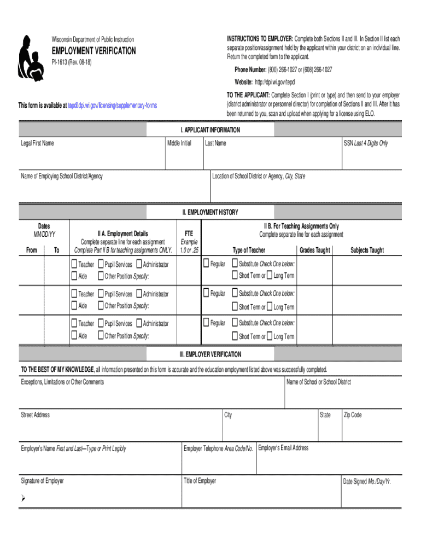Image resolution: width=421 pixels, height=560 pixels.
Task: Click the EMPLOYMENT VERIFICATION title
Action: coord(93,51)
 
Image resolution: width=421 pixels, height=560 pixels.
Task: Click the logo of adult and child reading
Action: coord(31,57)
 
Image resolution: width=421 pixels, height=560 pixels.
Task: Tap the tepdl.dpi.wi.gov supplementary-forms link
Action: coord(112,105)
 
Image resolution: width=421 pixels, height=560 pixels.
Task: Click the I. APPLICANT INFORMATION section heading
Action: coord(210,130)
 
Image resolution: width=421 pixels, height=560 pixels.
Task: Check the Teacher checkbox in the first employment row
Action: coord(74,264)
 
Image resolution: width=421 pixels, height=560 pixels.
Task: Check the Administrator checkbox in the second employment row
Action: coord(139,294)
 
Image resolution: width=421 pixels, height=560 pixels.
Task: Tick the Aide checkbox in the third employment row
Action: coord(74,336)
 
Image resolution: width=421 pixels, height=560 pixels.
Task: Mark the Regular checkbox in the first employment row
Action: coord(206,264)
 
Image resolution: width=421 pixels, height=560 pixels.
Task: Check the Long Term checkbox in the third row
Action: coord(270,336)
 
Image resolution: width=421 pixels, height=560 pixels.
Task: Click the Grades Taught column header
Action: coord(314,250)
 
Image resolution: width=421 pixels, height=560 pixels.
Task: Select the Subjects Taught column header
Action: coord(367,250)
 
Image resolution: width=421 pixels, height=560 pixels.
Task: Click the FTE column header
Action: coord(189,234)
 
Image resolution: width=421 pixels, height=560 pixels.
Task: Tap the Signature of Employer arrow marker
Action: coord(23,498)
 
